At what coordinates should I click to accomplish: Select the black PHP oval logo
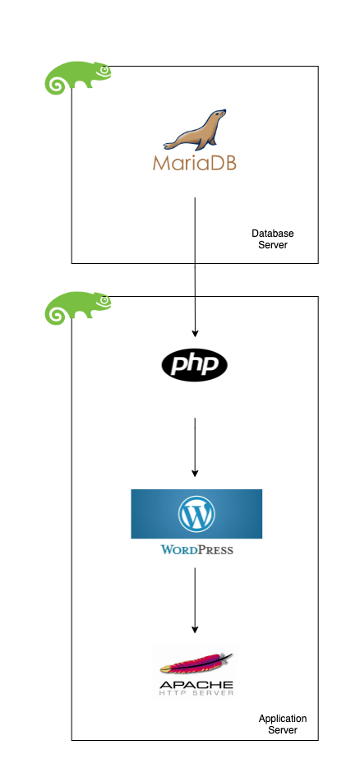pyautogui.click(x=195, y=365)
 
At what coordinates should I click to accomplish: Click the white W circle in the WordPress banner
pyautogui.click(x=196, y=513)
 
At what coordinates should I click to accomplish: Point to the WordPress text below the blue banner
pyautogui.click(x=196, y=549)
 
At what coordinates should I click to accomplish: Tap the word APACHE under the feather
pyautogui.click(x=194, y=685)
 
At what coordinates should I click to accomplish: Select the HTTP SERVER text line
pyautogui.click(x=194, y=694)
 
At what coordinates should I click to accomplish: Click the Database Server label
pyautogui.click(x=272, y=239)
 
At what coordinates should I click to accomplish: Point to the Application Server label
pyautogui.click(x=282, y=724)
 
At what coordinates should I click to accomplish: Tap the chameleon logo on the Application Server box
pyautogui.click(x=76, y=308)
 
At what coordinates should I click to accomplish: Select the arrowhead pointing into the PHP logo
pyautogui.click(x=195, y=333)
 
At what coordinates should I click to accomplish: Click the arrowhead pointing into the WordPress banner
pyautogui.click(x=195, y=473)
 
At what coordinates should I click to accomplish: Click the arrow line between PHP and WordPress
pyautogui.click(x=195, y=444)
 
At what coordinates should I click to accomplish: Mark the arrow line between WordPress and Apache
pyautogui.click(x=195, y=596)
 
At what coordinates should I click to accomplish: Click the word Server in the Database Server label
pyautogui.click(x=272, y=245)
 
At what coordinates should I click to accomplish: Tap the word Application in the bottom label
pyautogui.click(x=282, y=718)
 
